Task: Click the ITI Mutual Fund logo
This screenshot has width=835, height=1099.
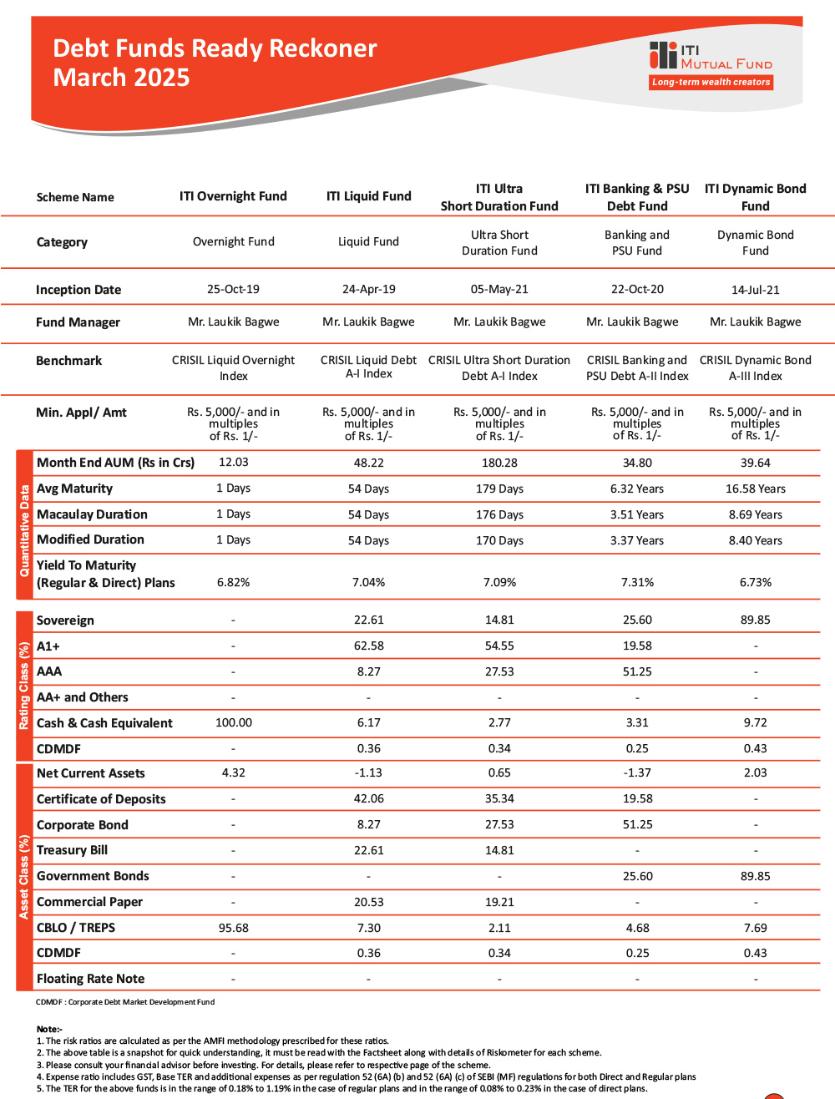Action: pyautogui.click(x=711, y=57)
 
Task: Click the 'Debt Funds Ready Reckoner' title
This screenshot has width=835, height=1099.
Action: pyautogui.click(x=215, y=48)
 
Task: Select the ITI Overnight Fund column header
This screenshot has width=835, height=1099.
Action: pyautogui.click(x=233, y=196)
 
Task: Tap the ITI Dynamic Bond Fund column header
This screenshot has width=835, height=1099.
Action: pyautogui.click(x=755, y=197)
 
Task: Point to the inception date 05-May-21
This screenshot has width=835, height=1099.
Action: pyautogui.click(x=499, y=289)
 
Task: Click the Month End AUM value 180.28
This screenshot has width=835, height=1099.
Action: pyautogui.click(x=499, y=463)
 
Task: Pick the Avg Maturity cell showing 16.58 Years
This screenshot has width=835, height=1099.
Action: pyautogui.click(x=755, y=489)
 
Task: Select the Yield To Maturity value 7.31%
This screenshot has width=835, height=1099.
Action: pyautogui.click(x=637, y=582)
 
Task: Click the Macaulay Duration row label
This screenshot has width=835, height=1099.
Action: pyautogui.click(x=92, y=514)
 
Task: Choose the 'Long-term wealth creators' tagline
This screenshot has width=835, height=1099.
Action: pyautogui.click(x=711, y=82)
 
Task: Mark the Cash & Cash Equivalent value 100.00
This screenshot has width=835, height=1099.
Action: pyautogui.click(x=234, y=722)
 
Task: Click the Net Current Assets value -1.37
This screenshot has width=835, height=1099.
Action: pyautogui.click(x=637, y=772)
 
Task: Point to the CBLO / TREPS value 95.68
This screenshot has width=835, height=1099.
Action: pyautogui.click(x=234, y=928)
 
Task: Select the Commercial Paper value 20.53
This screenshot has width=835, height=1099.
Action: pyautogui.click(x=368, y=902)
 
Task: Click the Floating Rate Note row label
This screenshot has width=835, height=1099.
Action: pyautogui.click(x=90, y=979)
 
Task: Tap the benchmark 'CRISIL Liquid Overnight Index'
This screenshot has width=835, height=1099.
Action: pyautogui.click(x=234, y=368)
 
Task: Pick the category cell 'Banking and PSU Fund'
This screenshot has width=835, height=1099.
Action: pyautogui.click(x=637, y=242)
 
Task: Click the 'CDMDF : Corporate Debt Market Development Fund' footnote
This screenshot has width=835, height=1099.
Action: pyautogui.click(x=125, y=1002)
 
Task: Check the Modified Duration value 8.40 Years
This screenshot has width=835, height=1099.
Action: pyautogui.click(x=755, y=540)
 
